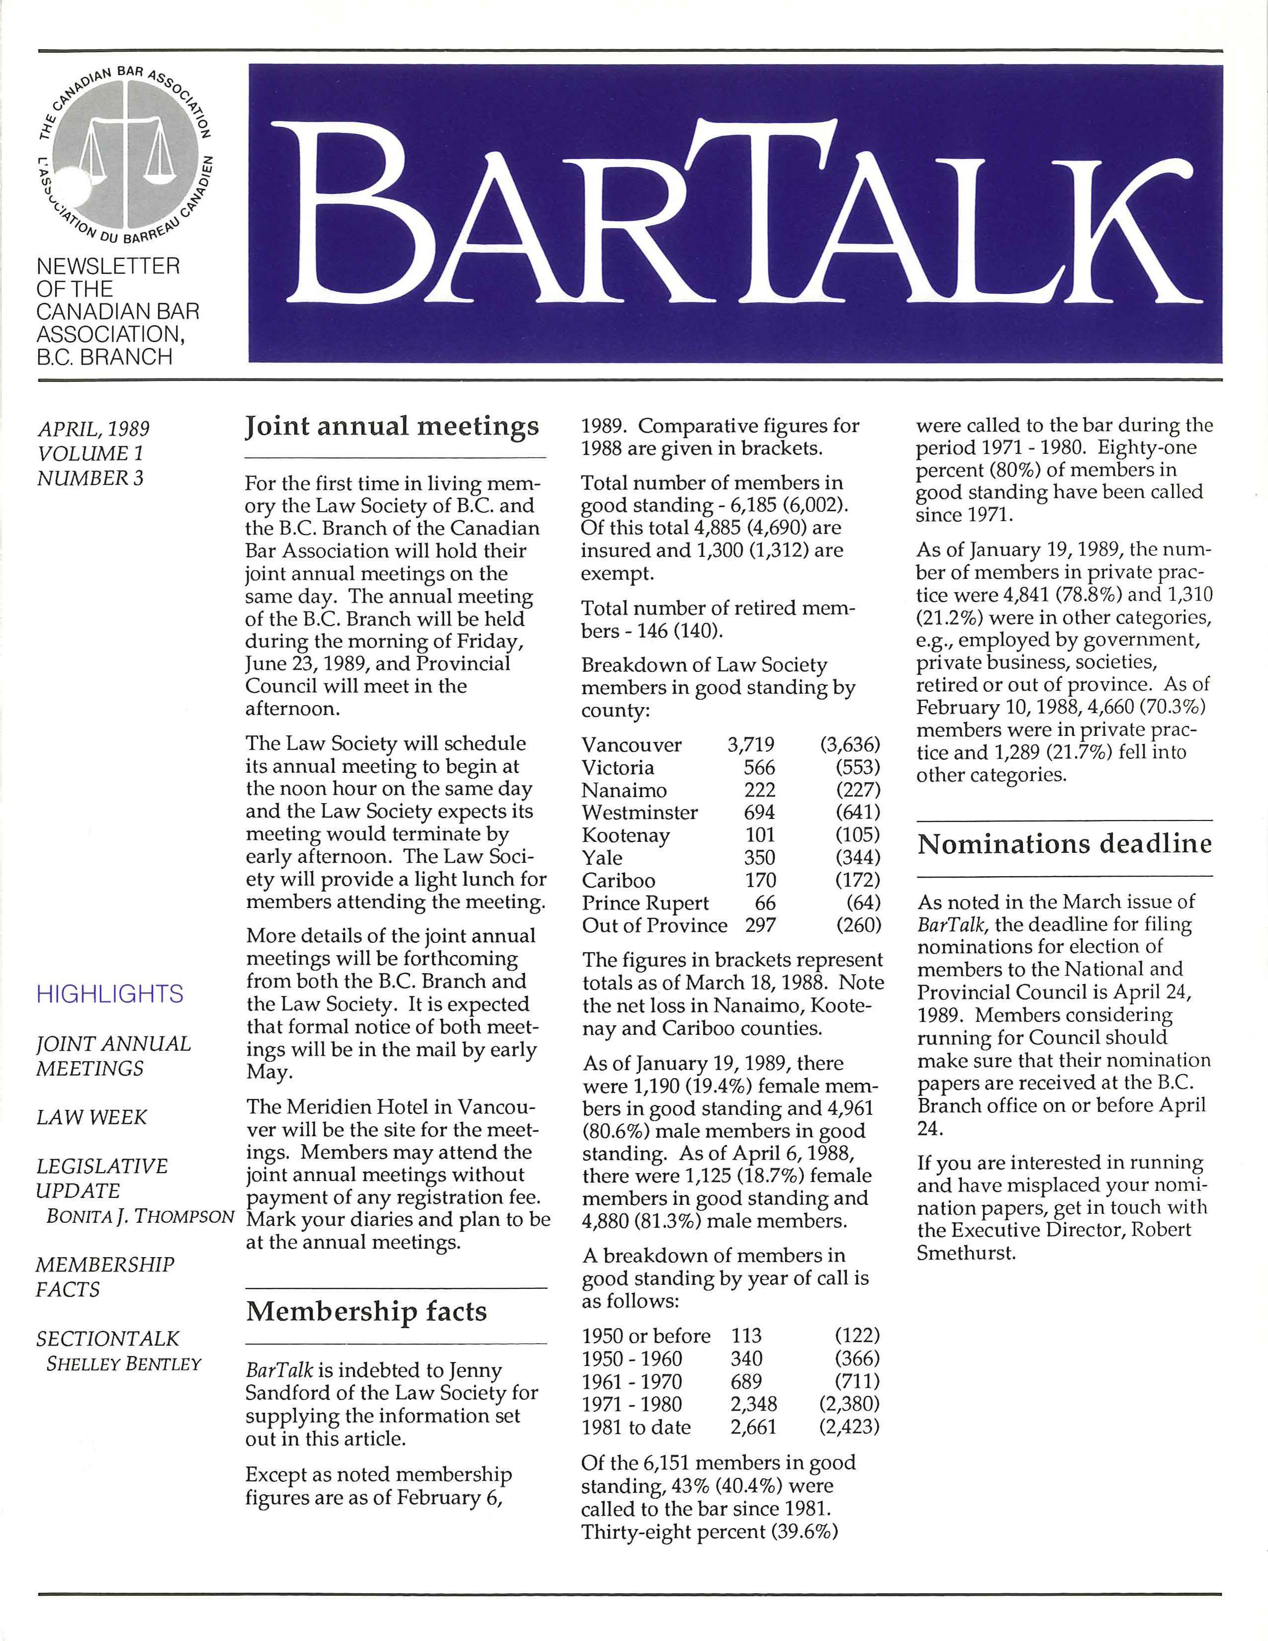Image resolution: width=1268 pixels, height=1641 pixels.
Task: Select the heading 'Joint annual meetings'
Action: [392, 427]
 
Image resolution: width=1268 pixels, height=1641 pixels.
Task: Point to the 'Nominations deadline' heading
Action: [1065, 844]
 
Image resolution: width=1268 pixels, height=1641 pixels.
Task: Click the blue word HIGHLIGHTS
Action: [110, 994]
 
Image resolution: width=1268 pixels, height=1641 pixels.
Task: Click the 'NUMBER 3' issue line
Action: [90, 478]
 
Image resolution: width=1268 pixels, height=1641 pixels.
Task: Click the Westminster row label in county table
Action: [639, 812]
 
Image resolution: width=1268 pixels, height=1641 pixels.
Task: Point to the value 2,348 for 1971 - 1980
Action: [753, 1404]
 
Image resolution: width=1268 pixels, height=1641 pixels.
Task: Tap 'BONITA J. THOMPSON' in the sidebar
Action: [140, 1216]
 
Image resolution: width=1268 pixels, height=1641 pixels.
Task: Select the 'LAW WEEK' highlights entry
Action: [91, 1117]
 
